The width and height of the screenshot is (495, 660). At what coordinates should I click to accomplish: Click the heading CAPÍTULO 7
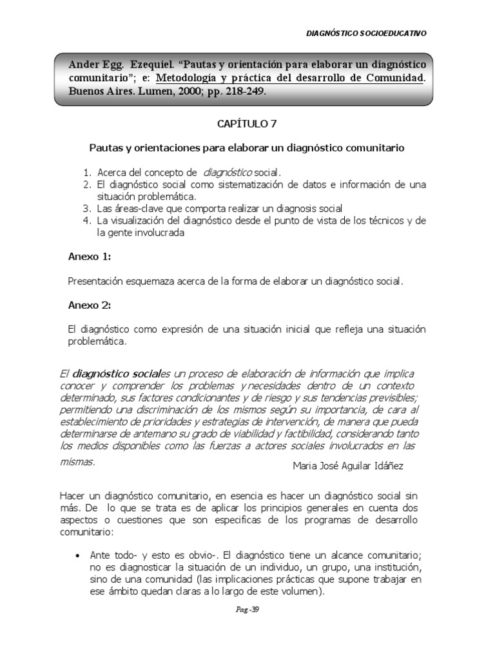(247, 124)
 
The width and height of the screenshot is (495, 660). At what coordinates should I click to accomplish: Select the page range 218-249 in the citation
(243, 91)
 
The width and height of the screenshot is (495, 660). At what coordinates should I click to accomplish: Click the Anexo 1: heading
(90, 257)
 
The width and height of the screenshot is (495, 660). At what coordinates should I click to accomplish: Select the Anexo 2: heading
(90, 305)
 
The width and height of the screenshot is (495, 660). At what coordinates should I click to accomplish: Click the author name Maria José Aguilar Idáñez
(348, 466)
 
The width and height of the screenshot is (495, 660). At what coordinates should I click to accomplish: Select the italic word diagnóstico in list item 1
(228, 173)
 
